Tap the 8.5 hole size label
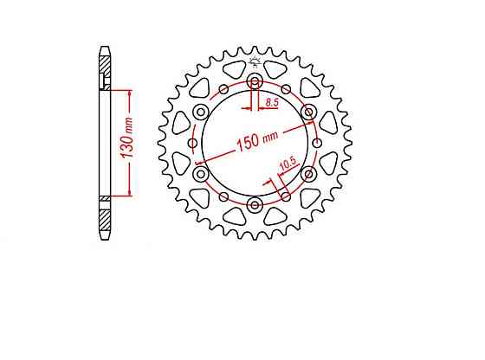click(x=271, y=103)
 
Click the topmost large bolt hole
click(x=255, y=82)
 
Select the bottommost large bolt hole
click(x=255, y=204)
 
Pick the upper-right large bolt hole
click(x=307, y=112)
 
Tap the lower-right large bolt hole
click(x=307, y=174)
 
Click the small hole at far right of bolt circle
click(x=317, y=144)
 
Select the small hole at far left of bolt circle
click(x=192, y=144)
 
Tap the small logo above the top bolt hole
click(x=255, y=61)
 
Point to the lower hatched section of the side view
click(x=105, y=215)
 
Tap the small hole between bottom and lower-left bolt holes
click(x=223, y=197)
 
